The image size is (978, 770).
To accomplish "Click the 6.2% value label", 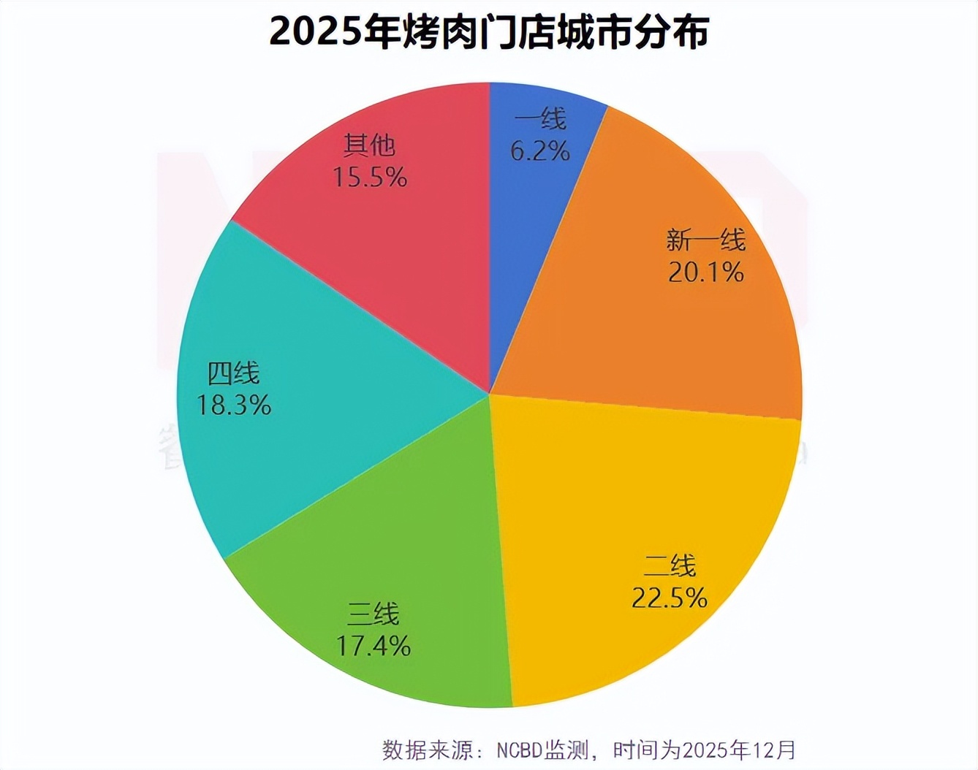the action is [x=540, y=150].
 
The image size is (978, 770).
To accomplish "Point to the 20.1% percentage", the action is [x=705, y=272].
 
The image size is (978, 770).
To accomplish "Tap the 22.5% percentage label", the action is [x=670, y=598].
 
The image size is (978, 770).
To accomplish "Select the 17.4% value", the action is [x=373, y=646].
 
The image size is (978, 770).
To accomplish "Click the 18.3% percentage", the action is [x=234, y=405].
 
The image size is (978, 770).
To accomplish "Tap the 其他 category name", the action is [x=369, y=145].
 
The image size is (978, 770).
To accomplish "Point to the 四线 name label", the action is [x=233, y=373].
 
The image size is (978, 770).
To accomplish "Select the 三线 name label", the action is [x=373, y=614].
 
